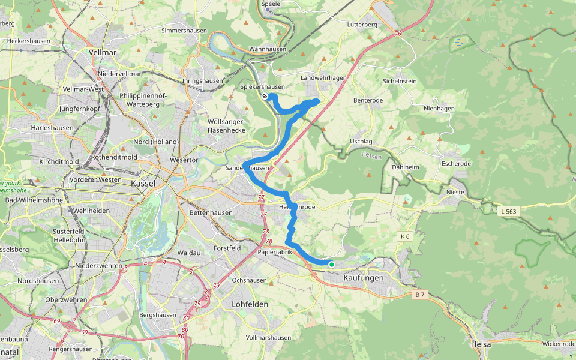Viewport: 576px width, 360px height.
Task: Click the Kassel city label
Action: coord(143,182)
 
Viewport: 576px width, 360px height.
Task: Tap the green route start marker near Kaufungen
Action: coord(331,264)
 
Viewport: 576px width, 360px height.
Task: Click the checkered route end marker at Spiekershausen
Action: coord(265,96)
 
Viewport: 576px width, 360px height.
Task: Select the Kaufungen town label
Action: coord(364,278)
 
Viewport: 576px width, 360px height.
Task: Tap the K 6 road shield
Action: coord(406,237)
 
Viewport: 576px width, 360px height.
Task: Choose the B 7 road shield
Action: coord(420,294)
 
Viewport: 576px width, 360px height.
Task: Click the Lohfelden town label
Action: coord(250,304)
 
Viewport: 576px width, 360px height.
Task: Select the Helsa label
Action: coord(481,344)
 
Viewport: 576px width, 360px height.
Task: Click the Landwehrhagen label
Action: coord(323,78)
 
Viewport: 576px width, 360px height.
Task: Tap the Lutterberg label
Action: coord(362,25)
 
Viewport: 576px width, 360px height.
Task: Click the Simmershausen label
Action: coord(184,31)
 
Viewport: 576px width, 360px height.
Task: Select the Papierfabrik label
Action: coord(275,252)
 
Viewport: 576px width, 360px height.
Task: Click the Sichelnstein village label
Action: coord(400,80)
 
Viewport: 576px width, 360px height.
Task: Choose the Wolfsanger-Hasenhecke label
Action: coord(227,125)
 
